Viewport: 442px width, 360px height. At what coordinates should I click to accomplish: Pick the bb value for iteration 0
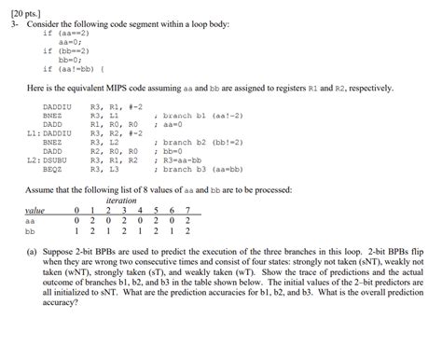pyautogui.click(x=76, y=231)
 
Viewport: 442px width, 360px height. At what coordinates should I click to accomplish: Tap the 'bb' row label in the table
pyautogui.click(x=31, y=231)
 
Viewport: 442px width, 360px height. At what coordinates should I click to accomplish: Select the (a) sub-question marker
pyautogui.click(x=31, y=252)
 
